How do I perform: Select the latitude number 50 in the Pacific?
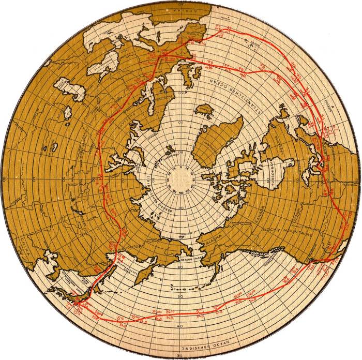[x=179, y=296]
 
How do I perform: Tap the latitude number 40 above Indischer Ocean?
[x=179, y=325]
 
